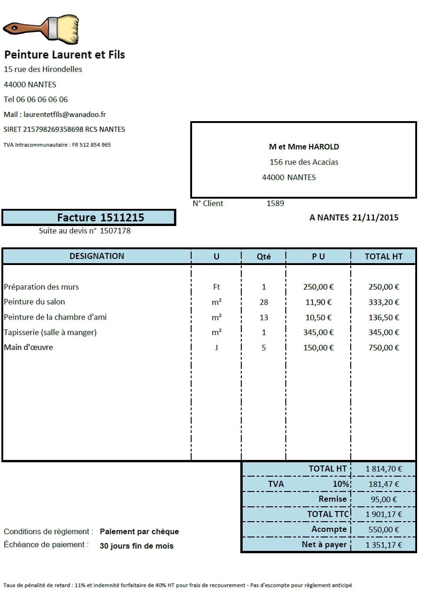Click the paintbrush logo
(x=41, y=28)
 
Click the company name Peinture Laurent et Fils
(x=64, y=55)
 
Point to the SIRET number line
(x=64, y=129)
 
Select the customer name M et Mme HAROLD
(x=304, y=147)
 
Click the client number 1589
(x=275, y=203)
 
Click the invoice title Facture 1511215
(x=100, y=217)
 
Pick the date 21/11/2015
(x=375, y=217)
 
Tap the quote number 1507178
(x=115, y=231)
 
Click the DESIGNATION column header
(x=97, y=256)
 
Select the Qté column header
(x=264, y=256)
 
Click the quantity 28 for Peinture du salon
(x=264, y=302)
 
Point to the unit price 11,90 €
(x=318, y=302)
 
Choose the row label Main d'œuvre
(x=28, y=348)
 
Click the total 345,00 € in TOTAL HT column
(x=383, y=332)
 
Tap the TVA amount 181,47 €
(x=383, y=484)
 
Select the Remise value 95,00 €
(x=383, y=499)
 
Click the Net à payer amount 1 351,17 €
(x=383, y=545)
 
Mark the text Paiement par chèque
(x=139, y=532)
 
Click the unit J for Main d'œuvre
(x=216, y=348)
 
